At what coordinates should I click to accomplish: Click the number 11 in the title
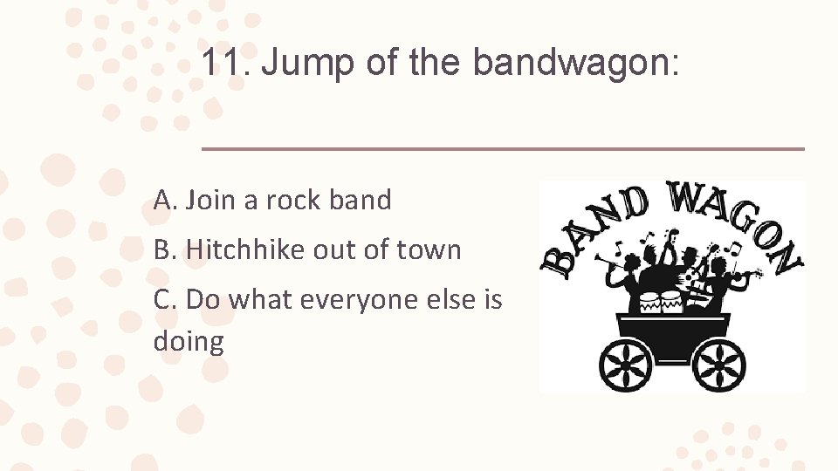(222, 63)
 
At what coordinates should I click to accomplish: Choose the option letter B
(163, 249)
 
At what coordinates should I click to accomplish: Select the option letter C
(163, 299)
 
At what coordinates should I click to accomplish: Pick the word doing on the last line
(189, 341)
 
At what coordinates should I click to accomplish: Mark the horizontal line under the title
(503, 149)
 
